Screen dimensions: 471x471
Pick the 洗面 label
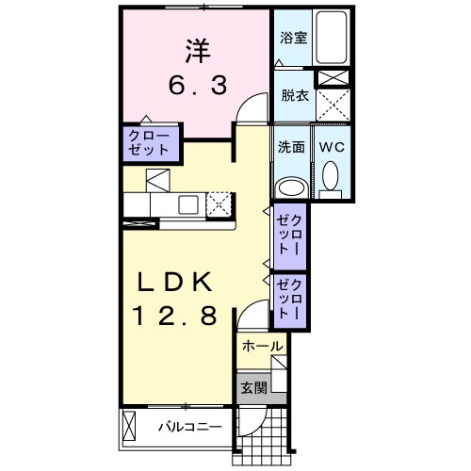[290, 147]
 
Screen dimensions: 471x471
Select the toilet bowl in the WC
[331, 177]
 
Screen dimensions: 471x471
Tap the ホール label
[262, 347]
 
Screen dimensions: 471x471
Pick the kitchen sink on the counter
[188, 203]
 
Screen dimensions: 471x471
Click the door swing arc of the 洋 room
[251, 106]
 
